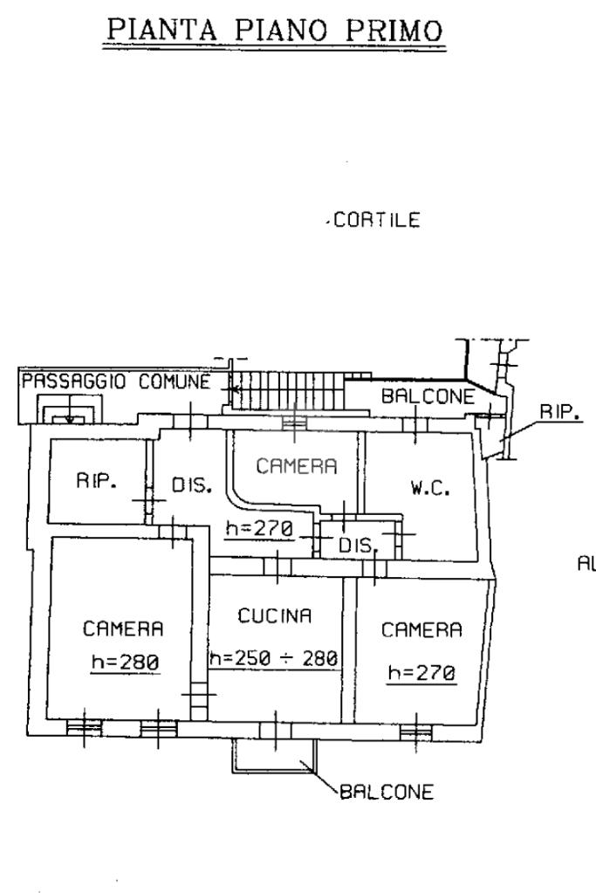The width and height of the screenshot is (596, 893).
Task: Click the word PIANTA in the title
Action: (x=162, y=30)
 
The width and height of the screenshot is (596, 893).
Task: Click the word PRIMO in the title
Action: (x=394, y=30)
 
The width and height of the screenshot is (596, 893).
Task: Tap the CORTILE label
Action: (x=377, y=220)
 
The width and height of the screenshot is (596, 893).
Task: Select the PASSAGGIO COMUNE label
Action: (x=116, y=381)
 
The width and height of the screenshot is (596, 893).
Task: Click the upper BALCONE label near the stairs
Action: (x=428, y=395)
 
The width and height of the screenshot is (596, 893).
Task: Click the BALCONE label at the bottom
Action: (x=387, y=792)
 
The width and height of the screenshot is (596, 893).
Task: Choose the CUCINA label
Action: (x=275, y=615)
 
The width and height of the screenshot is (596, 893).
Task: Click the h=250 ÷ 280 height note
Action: (x=274, y=658)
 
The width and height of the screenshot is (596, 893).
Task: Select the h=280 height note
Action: (x=126, y=662)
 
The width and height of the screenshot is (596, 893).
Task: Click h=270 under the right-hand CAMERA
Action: (x=421, y=673)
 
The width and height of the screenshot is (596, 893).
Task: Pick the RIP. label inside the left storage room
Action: (x=97, y=481)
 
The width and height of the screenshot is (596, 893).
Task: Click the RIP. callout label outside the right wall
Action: (x=561, y=412)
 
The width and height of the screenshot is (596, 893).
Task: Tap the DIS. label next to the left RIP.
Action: (x=192, y=486)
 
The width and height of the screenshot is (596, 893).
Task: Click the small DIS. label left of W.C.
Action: (x=358, y=545)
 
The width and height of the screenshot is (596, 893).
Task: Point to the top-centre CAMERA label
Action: (x=297, y=466)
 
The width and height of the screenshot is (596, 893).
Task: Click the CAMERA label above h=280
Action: (x=124, y=629)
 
